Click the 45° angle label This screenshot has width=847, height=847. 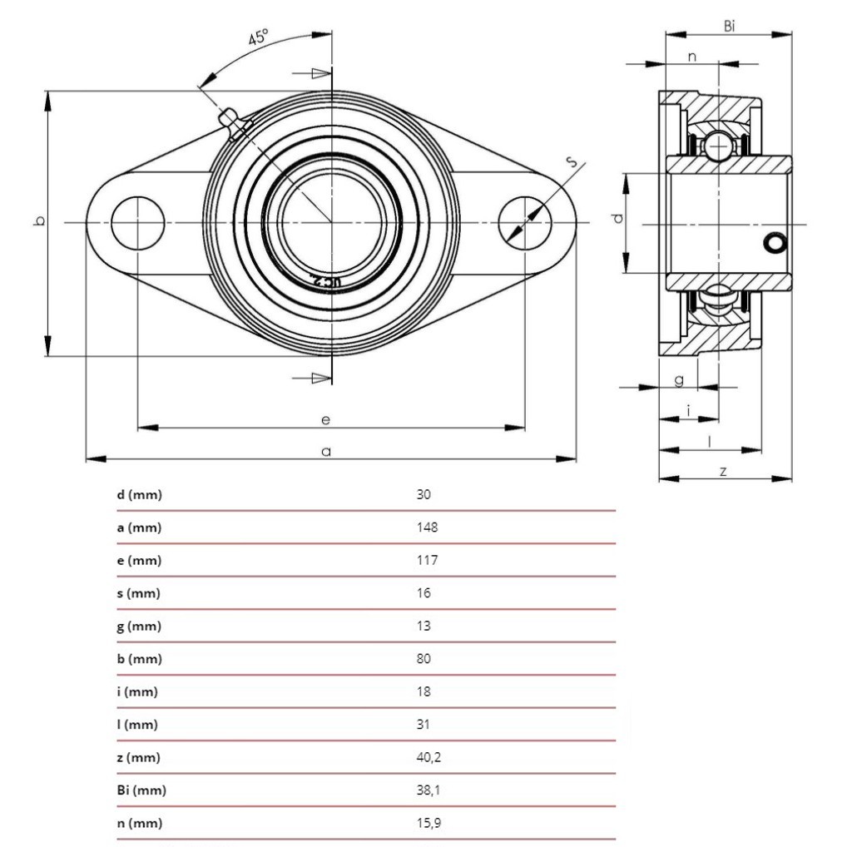click(258, 38)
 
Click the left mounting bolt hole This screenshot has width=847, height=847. click(137, 223)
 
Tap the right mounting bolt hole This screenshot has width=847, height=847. click(525, 222)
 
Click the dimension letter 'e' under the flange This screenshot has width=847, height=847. click(326, 419)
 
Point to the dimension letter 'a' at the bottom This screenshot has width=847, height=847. click(326, 451)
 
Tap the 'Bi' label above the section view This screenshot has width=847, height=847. click(729, 27)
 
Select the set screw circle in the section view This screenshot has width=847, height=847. click(775, 243)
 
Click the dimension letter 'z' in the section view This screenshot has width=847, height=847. click(723, 471)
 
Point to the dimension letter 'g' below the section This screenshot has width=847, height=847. click(679, 379)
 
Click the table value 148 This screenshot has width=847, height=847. click(427, 528)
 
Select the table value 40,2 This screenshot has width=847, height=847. click(428, 757)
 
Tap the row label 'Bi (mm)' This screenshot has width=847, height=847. click(141, 790)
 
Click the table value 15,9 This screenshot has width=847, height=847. click(428, 823)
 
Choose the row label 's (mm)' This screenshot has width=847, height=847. click(138, 593)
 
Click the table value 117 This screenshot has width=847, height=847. click(427, 560)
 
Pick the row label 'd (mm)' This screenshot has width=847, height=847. click(139, 495)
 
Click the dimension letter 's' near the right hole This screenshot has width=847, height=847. click(573, 162)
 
